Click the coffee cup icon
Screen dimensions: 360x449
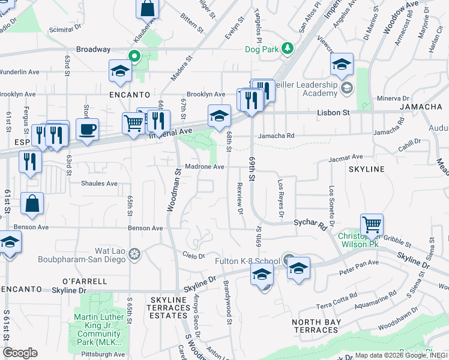pyautogui.click(x=87, y=130)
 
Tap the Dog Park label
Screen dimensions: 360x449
pyautogui.click(x=262, y=50)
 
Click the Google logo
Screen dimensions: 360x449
pyautogui.click(x=20, y=353)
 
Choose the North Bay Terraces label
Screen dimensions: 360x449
pyautogui.click(x=316, y=326)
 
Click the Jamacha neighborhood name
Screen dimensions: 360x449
pyautogui.click(x=420, y=107)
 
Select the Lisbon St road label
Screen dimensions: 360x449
pyautogui.click(x=333, y=112)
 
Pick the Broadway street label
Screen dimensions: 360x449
pyautogui.click(x=93, y=49)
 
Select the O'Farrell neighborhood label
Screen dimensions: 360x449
pyautogui.click(x=85, y=281)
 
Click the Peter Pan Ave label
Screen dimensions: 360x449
pyautogui.click(x=359, y=263)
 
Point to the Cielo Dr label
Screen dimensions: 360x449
pyautogui.click(x=194, y=256)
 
